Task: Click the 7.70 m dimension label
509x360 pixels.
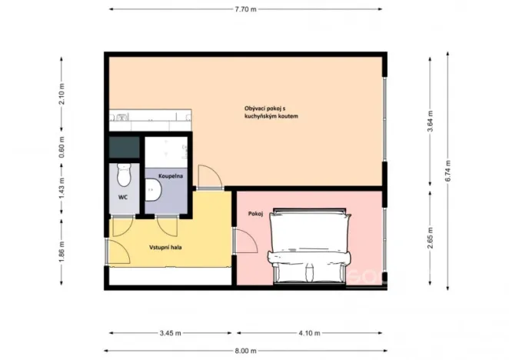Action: coord(245,9)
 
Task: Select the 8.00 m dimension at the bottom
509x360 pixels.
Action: coord(246,350)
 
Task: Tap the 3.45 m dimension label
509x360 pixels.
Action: coord(170,333)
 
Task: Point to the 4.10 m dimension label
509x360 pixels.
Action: coord(309,333)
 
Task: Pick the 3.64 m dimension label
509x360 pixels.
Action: coord(430,123)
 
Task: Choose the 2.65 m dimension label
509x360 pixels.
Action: coord(430,238)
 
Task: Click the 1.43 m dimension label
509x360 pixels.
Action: coord(62,188)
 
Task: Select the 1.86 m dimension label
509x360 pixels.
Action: coord(62,252)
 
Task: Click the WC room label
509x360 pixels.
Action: coord(122,197)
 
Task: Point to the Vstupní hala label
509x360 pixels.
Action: coord(165,248)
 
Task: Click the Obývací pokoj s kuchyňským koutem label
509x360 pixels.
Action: coord(265,112)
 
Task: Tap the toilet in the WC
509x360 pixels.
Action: coord(123,176)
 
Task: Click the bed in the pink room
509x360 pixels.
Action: coord(309,244)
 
